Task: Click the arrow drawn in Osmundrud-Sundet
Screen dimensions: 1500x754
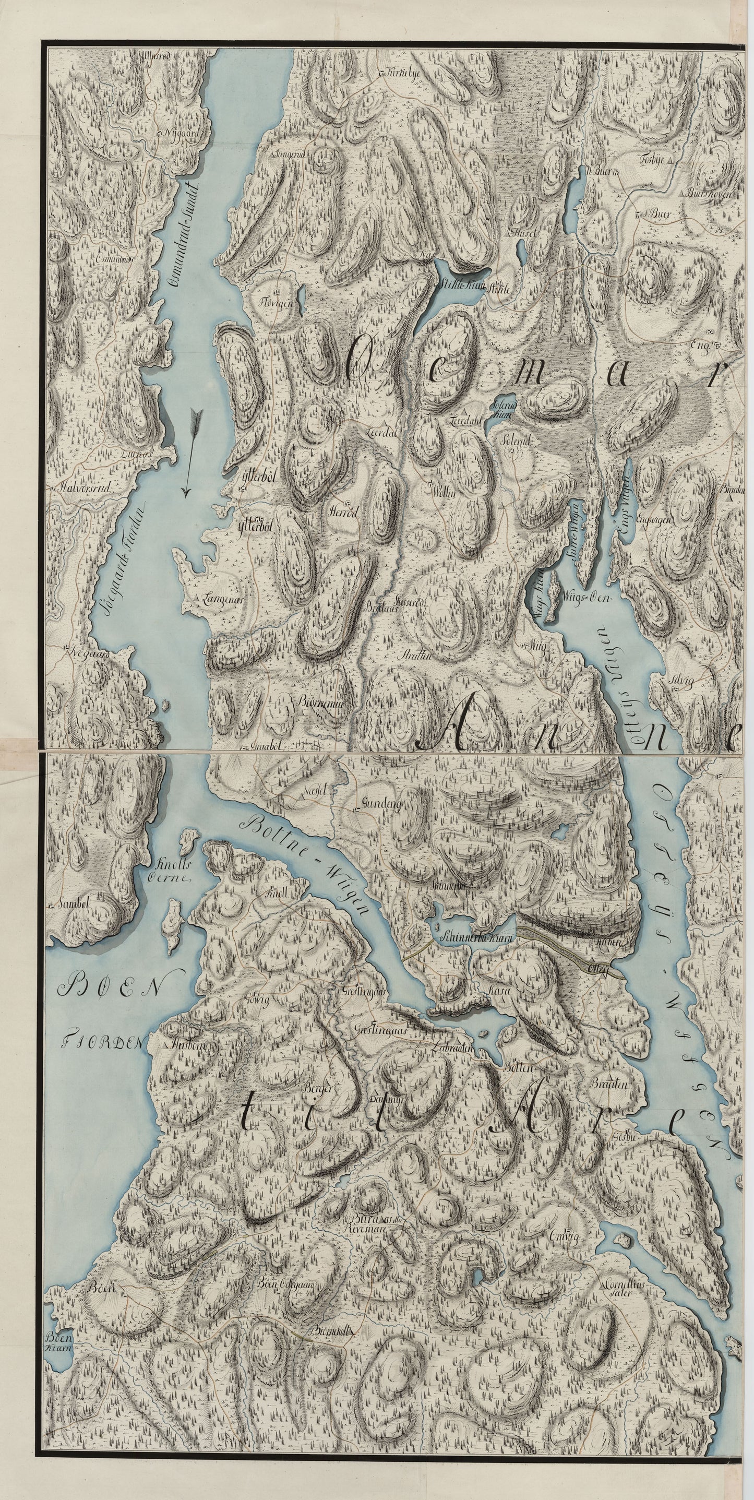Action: (191, 452)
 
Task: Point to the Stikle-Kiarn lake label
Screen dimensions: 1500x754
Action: (457, 286)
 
